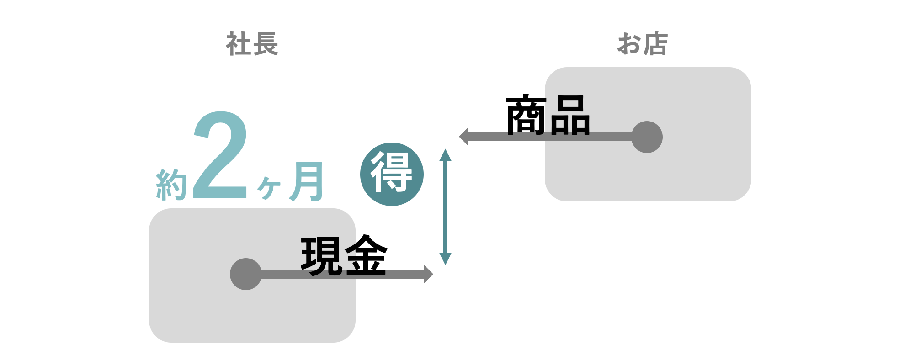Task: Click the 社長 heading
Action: pos(252,44)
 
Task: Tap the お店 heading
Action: pos(642,44)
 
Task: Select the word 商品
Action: pos(548,115)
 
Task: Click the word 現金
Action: pos(344,256)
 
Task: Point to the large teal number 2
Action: pos(220,155)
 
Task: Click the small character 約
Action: pos(171,185)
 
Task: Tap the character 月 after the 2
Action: pos(307,182)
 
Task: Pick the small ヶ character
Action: pos(269,187)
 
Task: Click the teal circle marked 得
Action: pos(392,174)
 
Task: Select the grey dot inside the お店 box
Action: pos(647,137)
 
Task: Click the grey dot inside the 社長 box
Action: pos(246,274)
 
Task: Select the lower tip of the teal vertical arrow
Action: pos(445,261)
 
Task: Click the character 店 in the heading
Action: pos(655,44)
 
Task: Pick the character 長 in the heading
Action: pos(265,44)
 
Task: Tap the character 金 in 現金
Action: pos(366,256)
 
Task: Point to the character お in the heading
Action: pos(629,44)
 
